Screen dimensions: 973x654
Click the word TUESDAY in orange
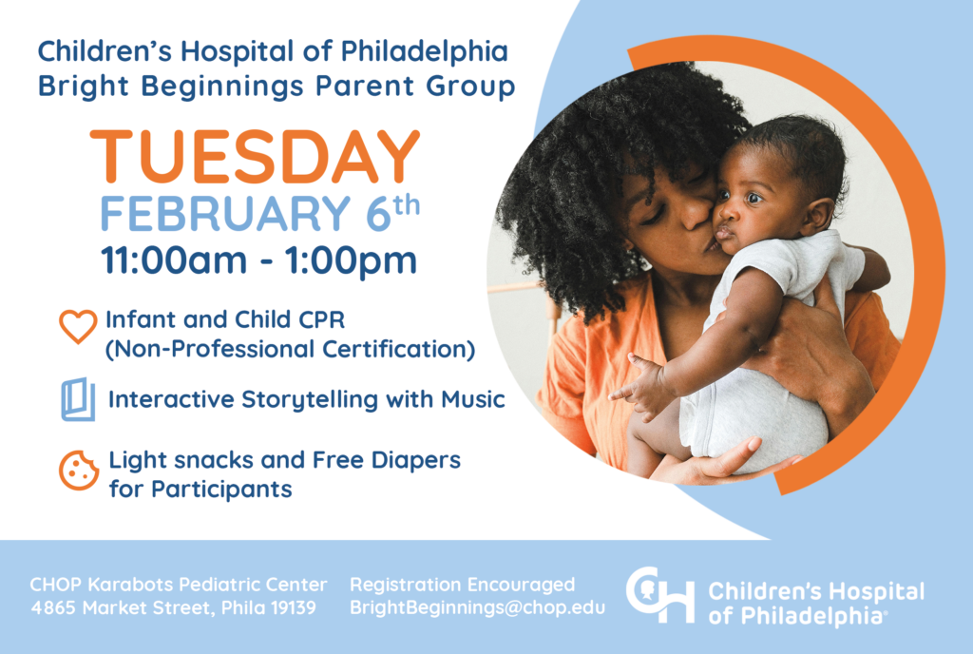(255, 156)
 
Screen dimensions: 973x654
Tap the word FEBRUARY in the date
(225, 214)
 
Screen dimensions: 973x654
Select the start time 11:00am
(174, 260)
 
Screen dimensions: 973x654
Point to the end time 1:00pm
(351, 260)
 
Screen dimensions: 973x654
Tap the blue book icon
(78, 399)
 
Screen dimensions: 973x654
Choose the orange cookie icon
(79, 470)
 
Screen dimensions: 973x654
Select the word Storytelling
(310, 399)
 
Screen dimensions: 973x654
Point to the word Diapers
(416, 460)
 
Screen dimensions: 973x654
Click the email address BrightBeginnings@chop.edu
(477, 607)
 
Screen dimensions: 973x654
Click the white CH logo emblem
(660, 594)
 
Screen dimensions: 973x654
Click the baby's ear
(817, 215)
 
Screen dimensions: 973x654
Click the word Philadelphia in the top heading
(425, 52)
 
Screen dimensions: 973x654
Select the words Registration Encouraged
(463, 585)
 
